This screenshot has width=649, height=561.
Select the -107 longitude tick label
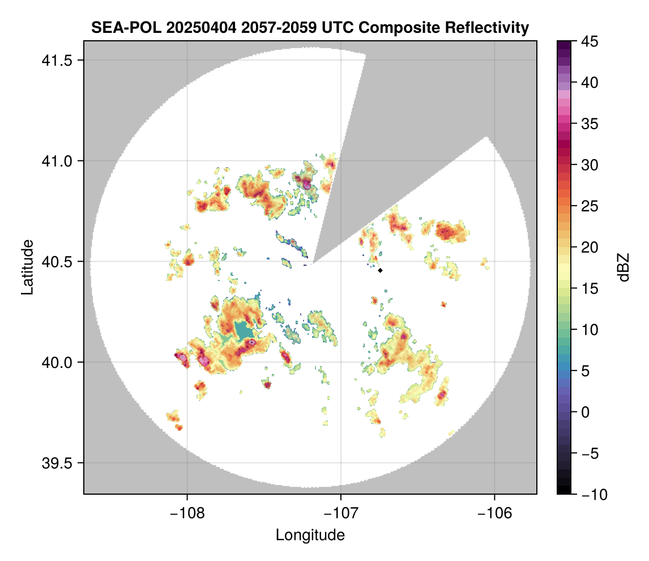(341, 513)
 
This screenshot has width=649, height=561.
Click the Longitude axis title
(310, 535)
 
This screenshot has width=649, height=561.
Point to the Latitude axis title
(27, 267)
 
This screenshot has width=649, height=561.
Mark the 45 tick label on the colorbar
(589, 41)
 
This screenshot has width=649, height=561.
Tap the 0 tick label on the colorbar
(586, 412)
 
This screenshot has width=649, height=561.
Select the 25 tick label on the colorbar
(589, 206)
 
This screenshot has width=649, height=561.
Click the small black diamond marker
(381, 271)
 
